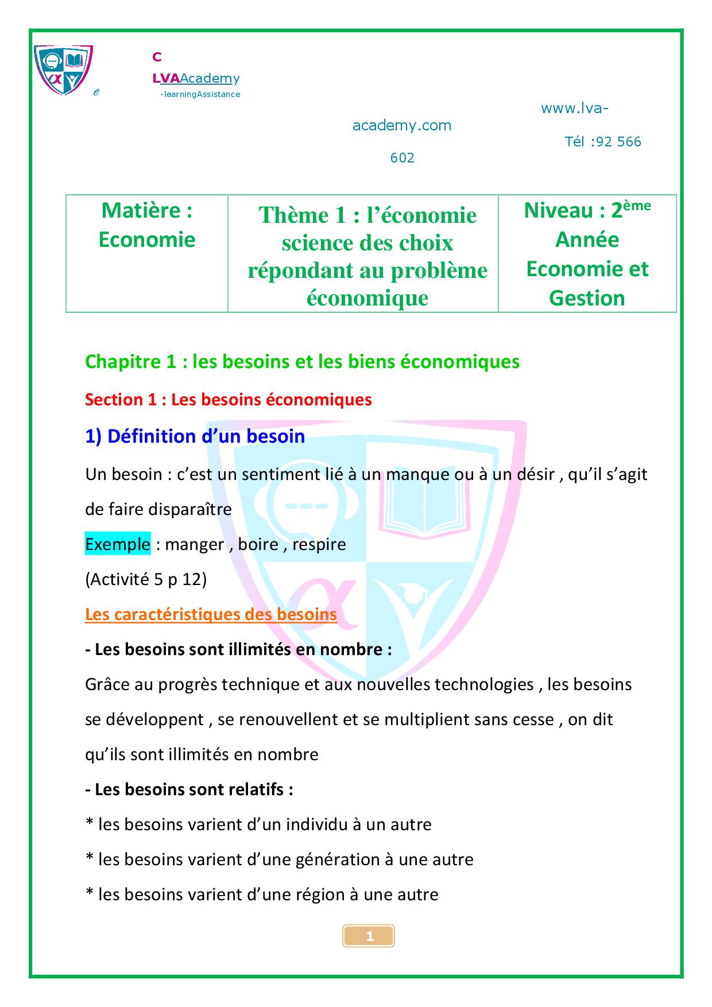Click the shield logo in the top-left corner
pos(63,69)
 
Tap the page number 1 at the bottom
pos(369,936)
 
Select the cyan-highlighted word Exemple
pos(118,544)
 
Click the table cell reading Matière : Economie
pos(147,225)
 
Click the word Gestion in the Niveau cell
pos(587,298)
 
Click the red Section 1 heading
pos(228,400)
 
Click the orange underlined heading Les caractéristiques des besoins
pos(211,614)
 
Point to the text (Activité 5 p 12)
pos(146,579)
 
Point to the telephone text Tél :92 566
pos(603,142)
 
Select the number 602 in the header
pos(402,158)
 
